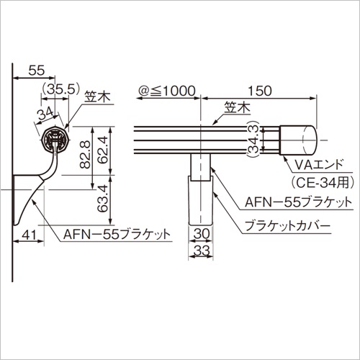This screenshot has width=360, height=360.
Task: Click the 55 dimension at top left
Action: (x=37, y=71)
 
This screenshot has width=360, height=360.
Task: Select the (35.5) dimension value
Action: (x=60, y=90)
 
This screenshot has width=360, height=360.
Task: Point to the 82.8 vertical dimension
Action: (x=85, y=155)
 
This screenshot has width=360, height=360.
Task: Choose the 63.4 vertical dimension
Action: (x=104, y=198)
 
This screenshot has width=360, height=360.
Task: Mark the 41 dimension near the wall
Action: (x=28, y=235)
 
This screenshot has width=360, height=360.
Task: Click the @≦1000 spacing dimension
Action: (x=166, y=91)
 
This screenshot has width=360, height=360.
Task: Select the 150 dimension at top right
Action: (x=260, y=91)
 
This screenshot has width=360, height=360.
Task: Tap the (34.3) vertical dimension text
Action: (x=253, y=140)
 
